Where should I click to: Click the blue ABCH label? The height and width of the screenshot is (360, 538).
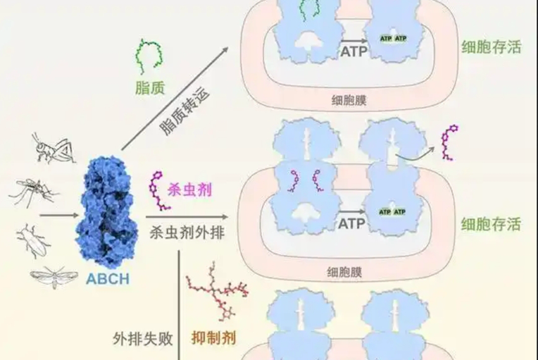[x=108, y=279]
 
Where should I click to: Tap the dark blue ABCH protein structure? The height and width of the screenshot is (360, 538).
[x=106, y=211]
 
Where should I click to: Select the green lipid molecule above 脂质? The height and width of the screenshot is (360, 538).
[x=149, y=56]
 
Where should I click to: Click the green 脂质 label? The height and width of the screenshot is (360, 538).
[x=150, y=87]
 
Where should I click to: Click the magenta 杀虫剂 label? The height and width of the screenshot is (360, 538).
[x=189, y=190]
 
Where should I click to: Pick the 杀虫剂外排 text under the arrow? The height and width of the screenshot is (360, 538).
[x=187, y=233]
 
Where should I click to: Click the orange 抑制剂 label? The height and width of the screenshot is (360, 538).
[x=213, y=338]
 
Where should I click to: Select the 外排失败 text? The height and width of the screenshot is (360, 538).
[x=143, y=339]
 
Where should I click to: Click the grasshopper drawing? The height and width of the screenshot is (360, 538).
[x=54, y=148]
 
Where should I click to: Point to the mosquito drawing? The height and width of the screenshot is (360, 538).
[x=33, y=192]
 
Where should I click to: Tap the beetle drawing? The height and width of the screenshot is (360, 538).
[x=32, y=240]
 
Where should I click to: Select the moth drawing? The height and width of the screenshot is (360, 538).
[x=54, y=277]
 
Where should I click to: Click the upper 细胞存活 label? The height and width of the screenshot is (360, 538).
[x=492, y=47]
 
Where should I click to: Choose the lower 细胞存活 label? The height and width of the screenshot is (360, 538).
[x=491, y=224]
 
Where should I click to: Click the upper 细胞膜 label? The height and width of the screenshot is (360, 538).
[x=349, y=100]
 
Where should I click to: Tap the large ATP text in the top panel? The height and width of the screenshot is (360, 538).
[x=354, y=52]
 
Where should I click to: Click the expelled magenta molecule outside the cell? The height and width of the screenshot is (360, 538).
[x=449, y=142]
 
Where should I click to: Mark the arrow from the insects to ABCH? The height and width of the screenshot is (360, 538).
[x=59, y=216]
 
